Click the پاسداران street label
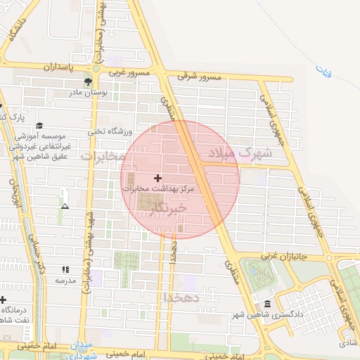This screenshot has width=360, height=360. point(53,67)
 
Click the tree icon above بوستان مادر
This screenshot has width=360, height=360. point(87,82)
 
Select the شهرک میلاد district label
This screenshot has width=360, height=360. point(240,152)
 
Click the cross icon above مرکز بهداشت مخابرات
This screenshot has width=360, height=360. point(157,179)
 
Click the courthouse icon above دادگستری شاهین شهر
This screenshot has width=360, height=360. point(267,304)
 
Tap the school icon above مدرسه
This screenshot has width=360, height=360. point(65,269)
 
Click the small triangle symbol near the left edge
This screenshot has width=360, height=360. point(65,207)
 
